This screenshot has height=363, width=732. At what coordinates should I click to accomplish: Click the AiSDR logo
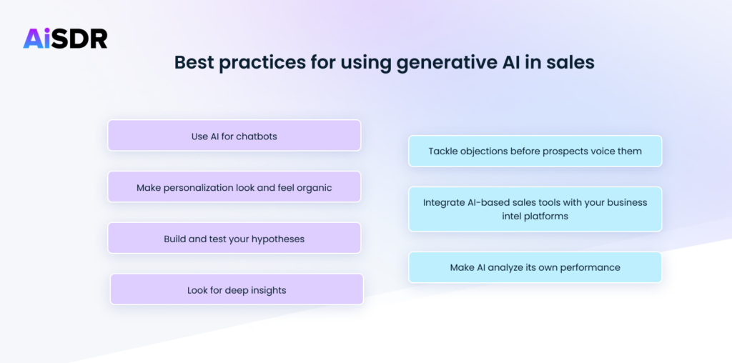pos(65,38)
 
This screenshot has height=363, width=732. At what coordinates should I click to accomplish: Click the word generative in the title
pos(402,62)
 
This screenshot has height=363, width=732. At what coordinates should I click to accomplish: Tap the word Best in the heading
pos(194,62)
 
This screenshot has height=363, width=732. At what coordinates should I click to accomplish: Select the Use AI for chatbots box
pos(234,136)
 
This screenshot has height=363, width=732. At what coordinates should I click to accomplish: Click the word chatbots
pos(256,136)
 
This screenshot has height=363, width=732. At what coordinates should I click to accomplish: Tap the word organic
pos(314,188)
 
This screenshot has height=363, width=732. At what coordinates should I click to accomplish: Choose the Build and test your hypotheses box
pos(234,239)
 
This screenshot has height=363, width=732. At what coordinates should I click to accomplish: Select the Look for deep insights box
pos(237,290)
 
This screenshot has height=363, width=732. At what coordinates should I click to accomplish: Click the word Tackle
pos(443,151)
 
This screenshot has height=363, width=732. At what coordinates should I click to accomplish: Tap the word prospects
pos(572,151)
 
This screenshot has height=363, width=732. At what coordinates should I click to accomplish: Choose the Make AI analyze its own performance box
pos(535,267)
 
